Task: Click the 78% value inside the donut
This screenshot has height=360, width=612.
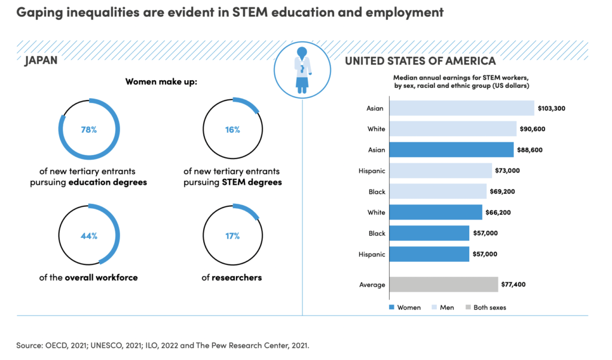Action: click(89, 130)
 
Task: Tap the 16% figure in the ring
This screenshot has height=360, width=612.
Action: click(232, 130)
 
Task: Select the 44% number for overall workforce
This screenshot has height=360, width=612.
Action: click(89, 236)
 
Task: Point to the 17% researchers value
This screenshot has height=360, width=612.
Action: click(232, 236)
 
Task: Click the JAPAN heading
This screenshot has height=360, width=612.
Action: click(41, 61)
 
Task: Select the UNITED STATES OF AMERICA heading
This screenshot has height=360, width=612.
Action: click(420, 61)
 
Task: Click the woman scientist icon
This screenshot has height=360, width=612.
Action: click(302, 72)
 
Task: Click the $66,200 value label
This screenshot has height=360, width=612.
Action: click(498, 212)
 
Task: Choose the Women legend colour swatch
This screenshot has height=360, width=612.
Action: click(392, 307)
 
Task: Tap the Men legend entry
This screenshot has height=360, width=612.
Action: click(442, 307)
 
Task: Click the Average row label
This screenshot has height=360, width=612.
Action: click(372, 285)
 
